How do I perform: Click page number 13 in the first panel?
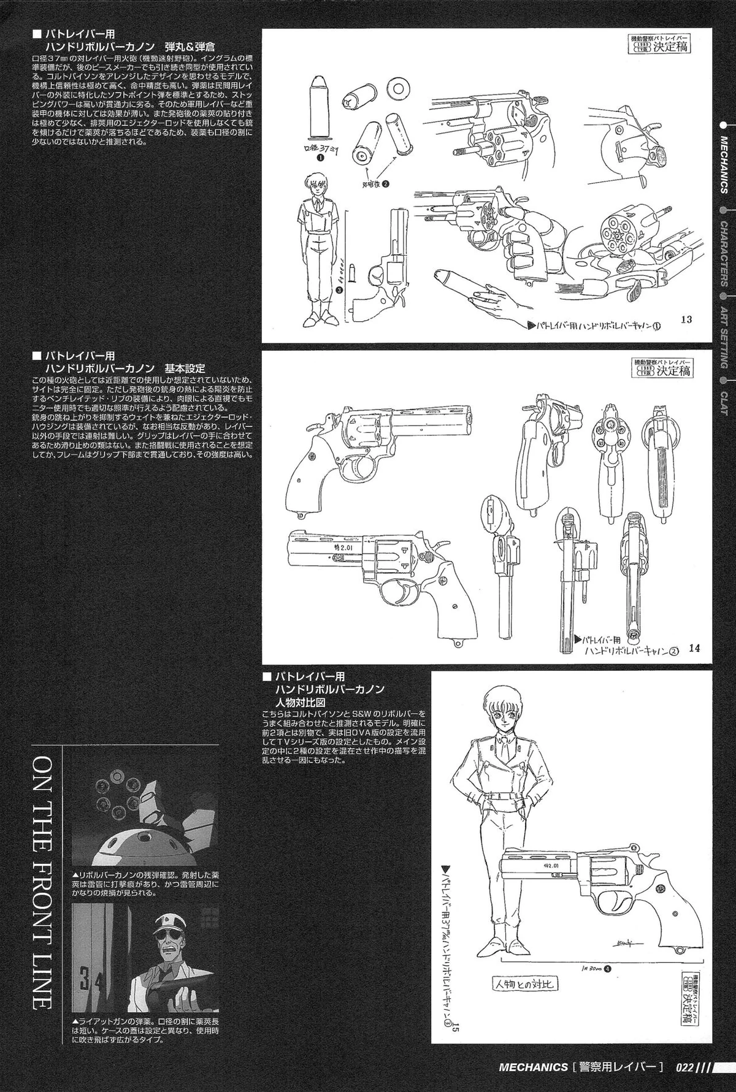686,319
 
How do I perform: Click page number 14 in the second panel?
694,649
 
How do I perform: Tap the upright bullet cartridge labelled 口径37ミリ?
319,108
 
